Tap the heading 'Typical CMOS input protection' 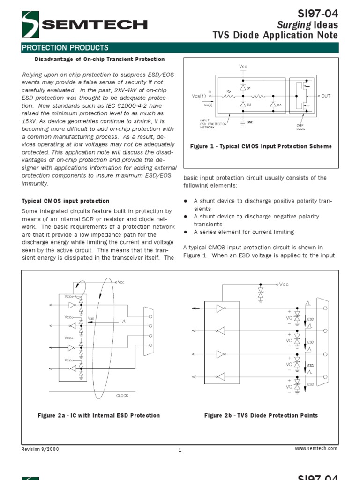(x=66, y=201)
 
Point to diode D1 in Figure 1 (x=243, y=88)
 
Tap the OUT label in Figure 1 (x=326, y=96)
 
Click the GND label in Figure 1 (x=250, y=122)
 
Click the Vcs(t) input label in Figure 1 (x=199, y=96)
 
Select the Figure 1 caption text (x=261, y=146)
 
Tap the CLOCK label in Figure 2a (x=122, y=396)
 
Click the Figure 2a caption (x=98, y=415)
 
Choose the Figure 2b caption (x=261, y=415)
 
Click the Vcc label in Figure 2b (x=284, y=284)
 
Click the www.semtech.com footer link (x=316, y=449)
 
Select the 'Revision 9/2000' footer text (x=40, y=449)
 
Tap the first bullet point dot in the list (x=186, y=201)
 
